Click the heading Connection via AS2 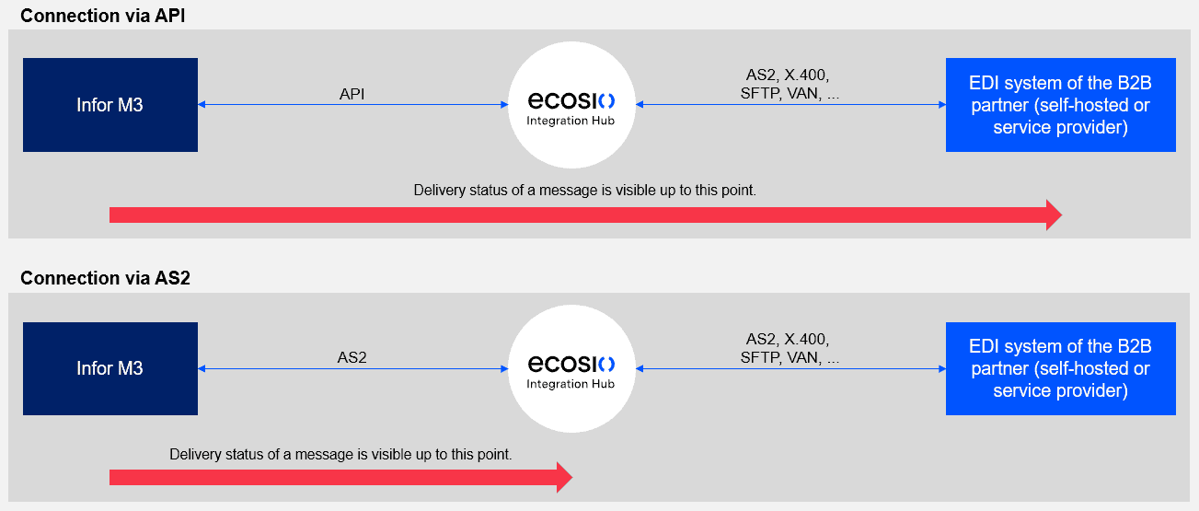pos(105,278)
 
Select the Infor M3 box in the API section pos(110,105)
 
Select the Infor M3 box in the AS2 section pos(110,368)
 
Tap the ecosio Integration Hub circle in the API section pos(571,104)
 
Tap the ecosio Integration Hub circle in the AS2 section pos(571,368)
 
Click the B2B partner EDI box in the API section pos(1060,105)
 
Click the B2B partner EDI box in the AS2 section pos(1060,368)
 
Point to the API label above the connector pos(353,94)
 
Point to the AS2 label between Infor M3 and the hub pos(352,357)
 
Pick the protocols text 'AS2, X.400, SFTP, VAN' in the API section pos(790,84)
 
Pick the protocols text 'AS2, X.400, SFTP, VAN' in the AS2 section pos(790,348)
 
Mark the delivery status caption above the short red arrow pos(340,455)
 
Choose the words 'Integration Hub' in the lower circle pos(571,384)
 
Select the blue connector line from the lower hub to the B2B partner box pos(790,368)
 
